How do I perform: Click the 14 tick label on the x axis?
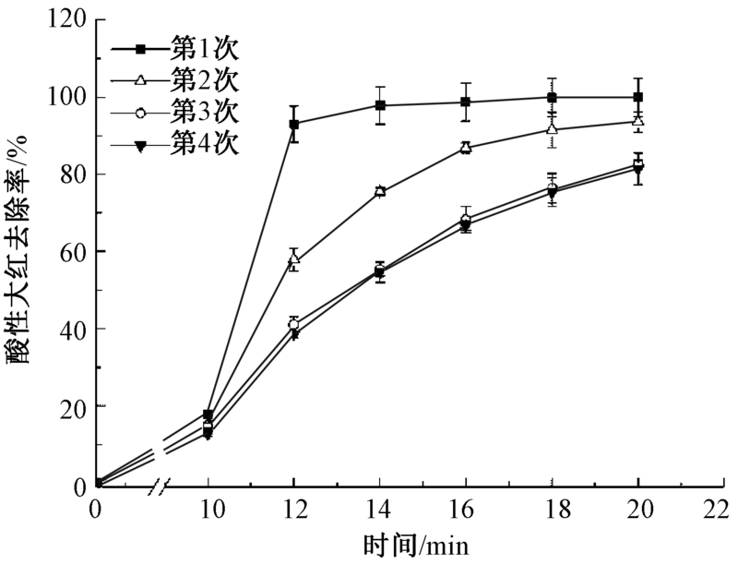[379, 507]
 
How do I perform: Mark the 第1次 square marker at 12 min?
[294, 124]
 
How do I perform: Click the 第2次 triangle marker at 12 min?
[294, 260]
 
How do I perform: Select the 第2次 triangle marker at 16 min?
[467, 147]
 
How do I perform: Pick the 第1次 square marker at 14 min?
[380, 105]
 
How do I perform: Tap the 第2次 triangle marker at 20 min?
[638, 121]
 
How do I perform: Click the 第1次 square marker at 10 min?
[208, 414]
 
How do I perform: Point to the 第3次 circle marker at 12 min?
[294, 325]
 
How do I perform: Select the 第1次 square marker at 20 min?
[638, 97]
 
